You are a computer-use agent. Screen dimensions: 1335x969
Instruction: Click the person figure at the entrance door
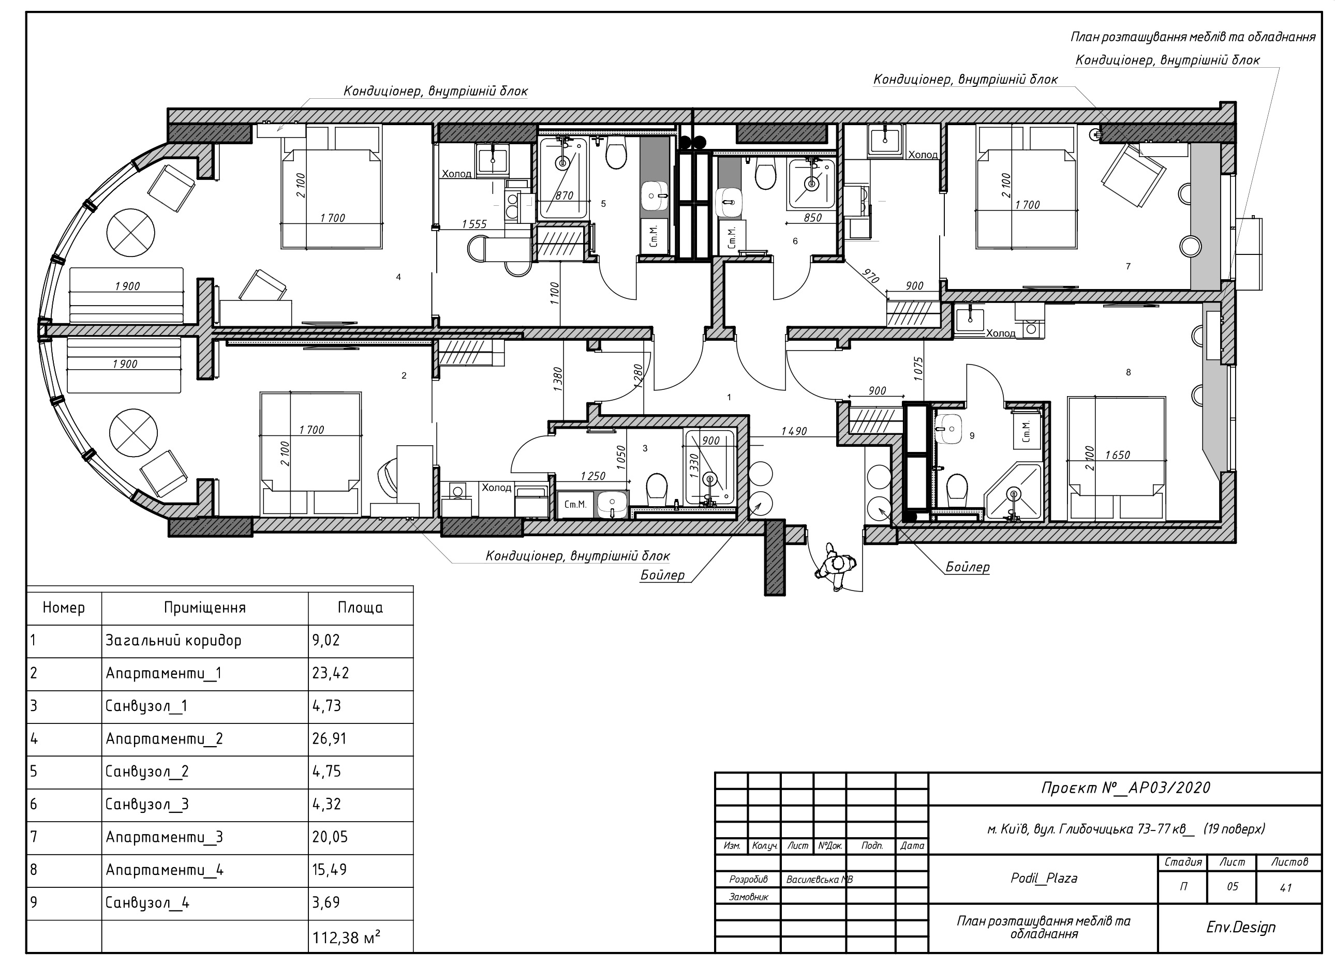(835, 567)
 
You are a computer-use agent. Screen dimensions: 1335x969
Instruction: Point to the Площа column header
(360, 608)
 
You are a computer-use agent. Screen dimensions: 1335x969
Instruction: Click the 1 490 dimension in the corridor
(794, 431)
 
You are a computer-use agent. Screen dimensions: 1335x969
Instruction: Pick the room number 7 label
(1128, 266)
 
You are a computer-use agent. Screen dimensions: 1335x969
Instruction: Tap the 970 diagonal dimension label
(871, 276)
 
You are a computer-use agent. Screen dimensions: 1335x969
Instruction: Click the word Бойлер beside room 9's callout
(968, 567)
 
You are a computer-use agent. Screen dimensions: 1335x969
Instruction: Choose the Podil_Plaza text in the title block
(1044, 879)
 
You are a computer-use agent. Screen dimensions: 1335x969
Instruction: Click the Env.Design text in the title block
(1241, 927)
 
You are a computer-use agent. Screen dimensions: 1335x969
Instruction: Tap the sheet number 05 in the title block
(1232, 887)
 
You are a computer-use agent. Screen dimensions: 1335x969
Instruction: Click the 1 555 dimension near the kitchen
(474, 224)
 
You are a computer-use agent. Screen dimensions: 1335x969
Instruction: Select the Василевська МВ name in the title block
(819, 880)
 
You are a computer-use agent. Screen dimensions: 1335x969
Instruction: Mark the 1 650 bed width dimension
(1117, 455)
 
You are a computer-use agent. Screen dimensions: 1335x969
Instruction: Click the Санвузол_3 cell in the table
(146, 804)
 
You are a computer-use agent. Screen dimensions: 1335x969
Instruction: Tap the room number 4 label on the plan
(398, 277)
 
